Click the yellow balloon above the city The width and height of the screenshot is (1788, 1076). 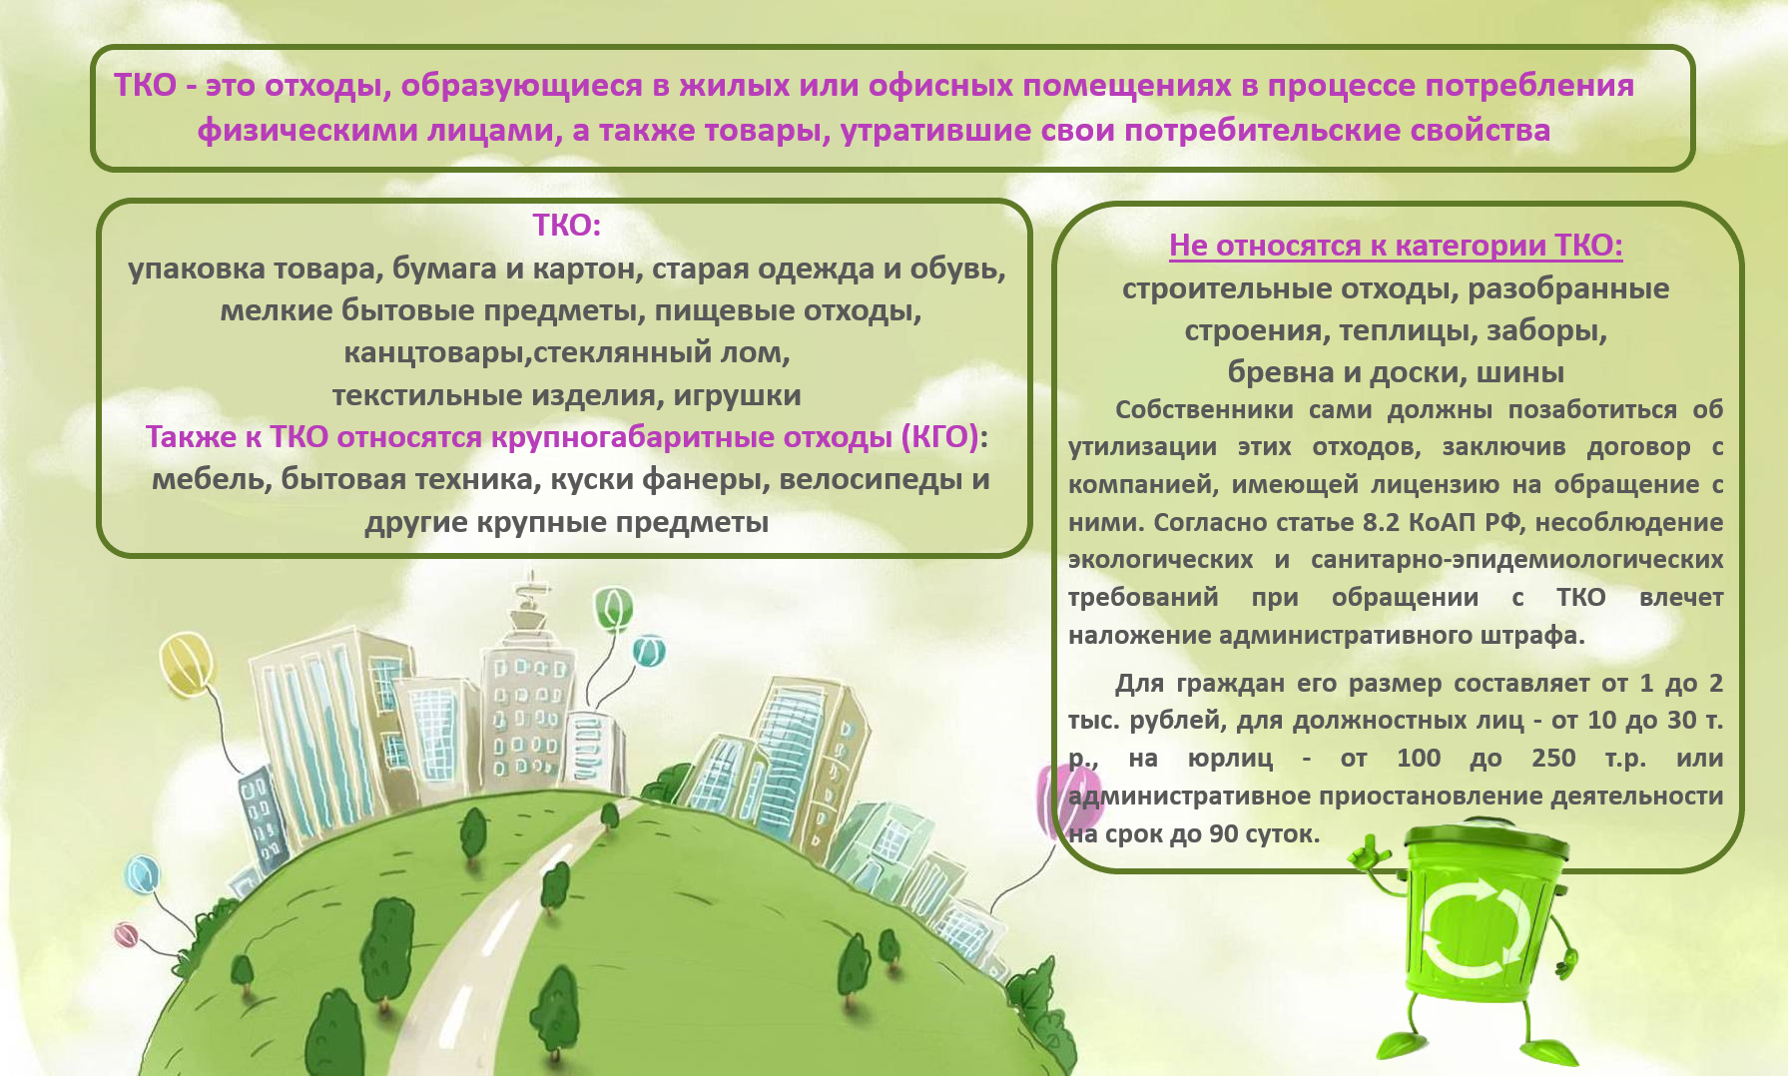188,661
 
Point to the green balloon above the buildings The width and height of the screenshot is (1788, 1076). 613,608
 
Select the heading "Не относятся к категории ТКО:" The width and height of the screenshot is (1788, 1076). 1396,245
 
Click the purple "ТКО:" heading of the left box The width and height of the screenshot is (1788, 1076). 566,225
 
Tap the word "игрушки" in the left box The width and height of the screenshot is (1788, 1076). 737,395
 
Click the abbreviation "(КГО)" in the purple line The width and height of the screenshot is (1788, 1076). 939,437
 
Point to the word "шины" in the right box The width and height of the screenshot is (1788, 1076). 1520,372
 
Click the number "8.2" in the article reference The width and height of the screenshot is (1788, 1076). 1381,522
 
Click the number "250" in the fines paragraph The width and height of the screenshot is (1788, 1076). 1553,758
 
